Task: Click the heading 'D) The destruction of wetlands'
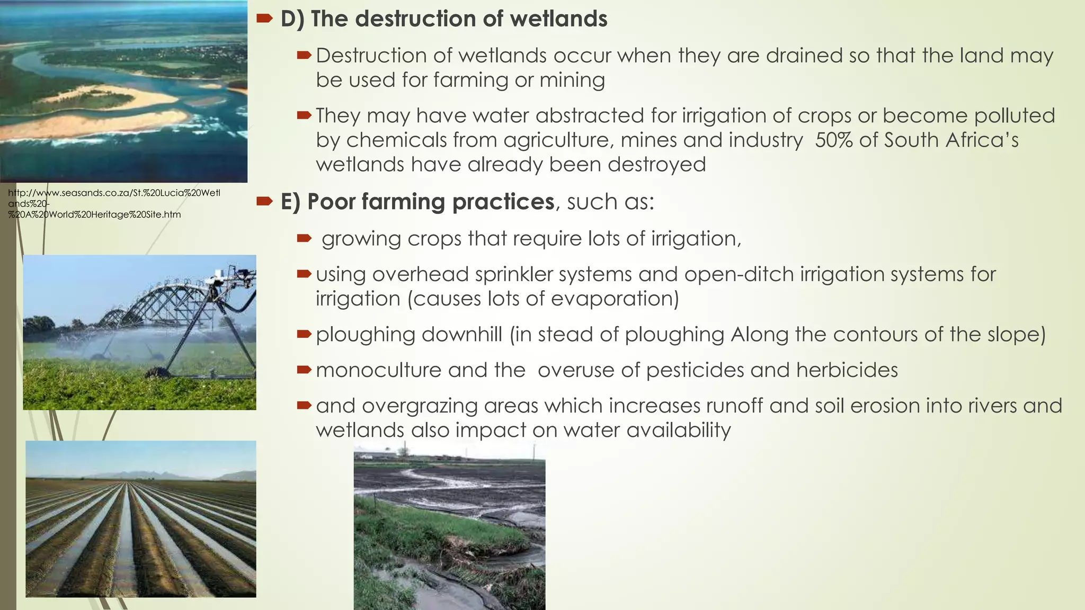[443, 19]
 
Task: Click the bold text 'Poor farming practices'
[430, 202]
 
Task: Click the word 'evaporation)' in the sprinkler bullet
[615, 299]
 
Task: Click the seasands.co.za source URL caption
[114, 204]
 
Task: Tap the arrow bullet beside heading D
[264, 19]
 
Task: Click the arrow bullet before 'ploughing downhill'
[304, 334]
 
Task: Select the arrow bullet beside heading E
[264, 201]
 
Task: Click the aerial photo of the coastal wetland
[123, 91]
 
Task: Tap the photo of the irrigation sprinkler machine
[139, 333]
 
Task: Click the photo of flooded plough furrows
[141, 519]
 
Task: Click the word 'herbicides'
[847, 370]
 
